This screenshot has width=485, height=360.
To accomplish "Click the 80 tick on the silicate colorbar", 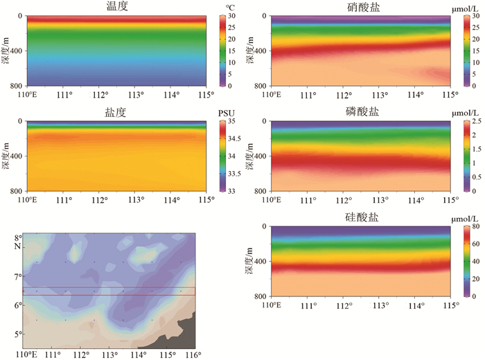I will click(477, 227).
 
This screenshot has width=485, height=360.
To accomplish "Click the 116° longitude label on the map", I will click(195, 355).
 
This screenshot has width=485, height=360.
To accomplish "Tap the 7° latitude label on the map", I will click(19, 276).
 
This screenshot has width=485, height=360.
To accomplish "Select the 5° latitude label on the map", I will click(19, 334).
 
